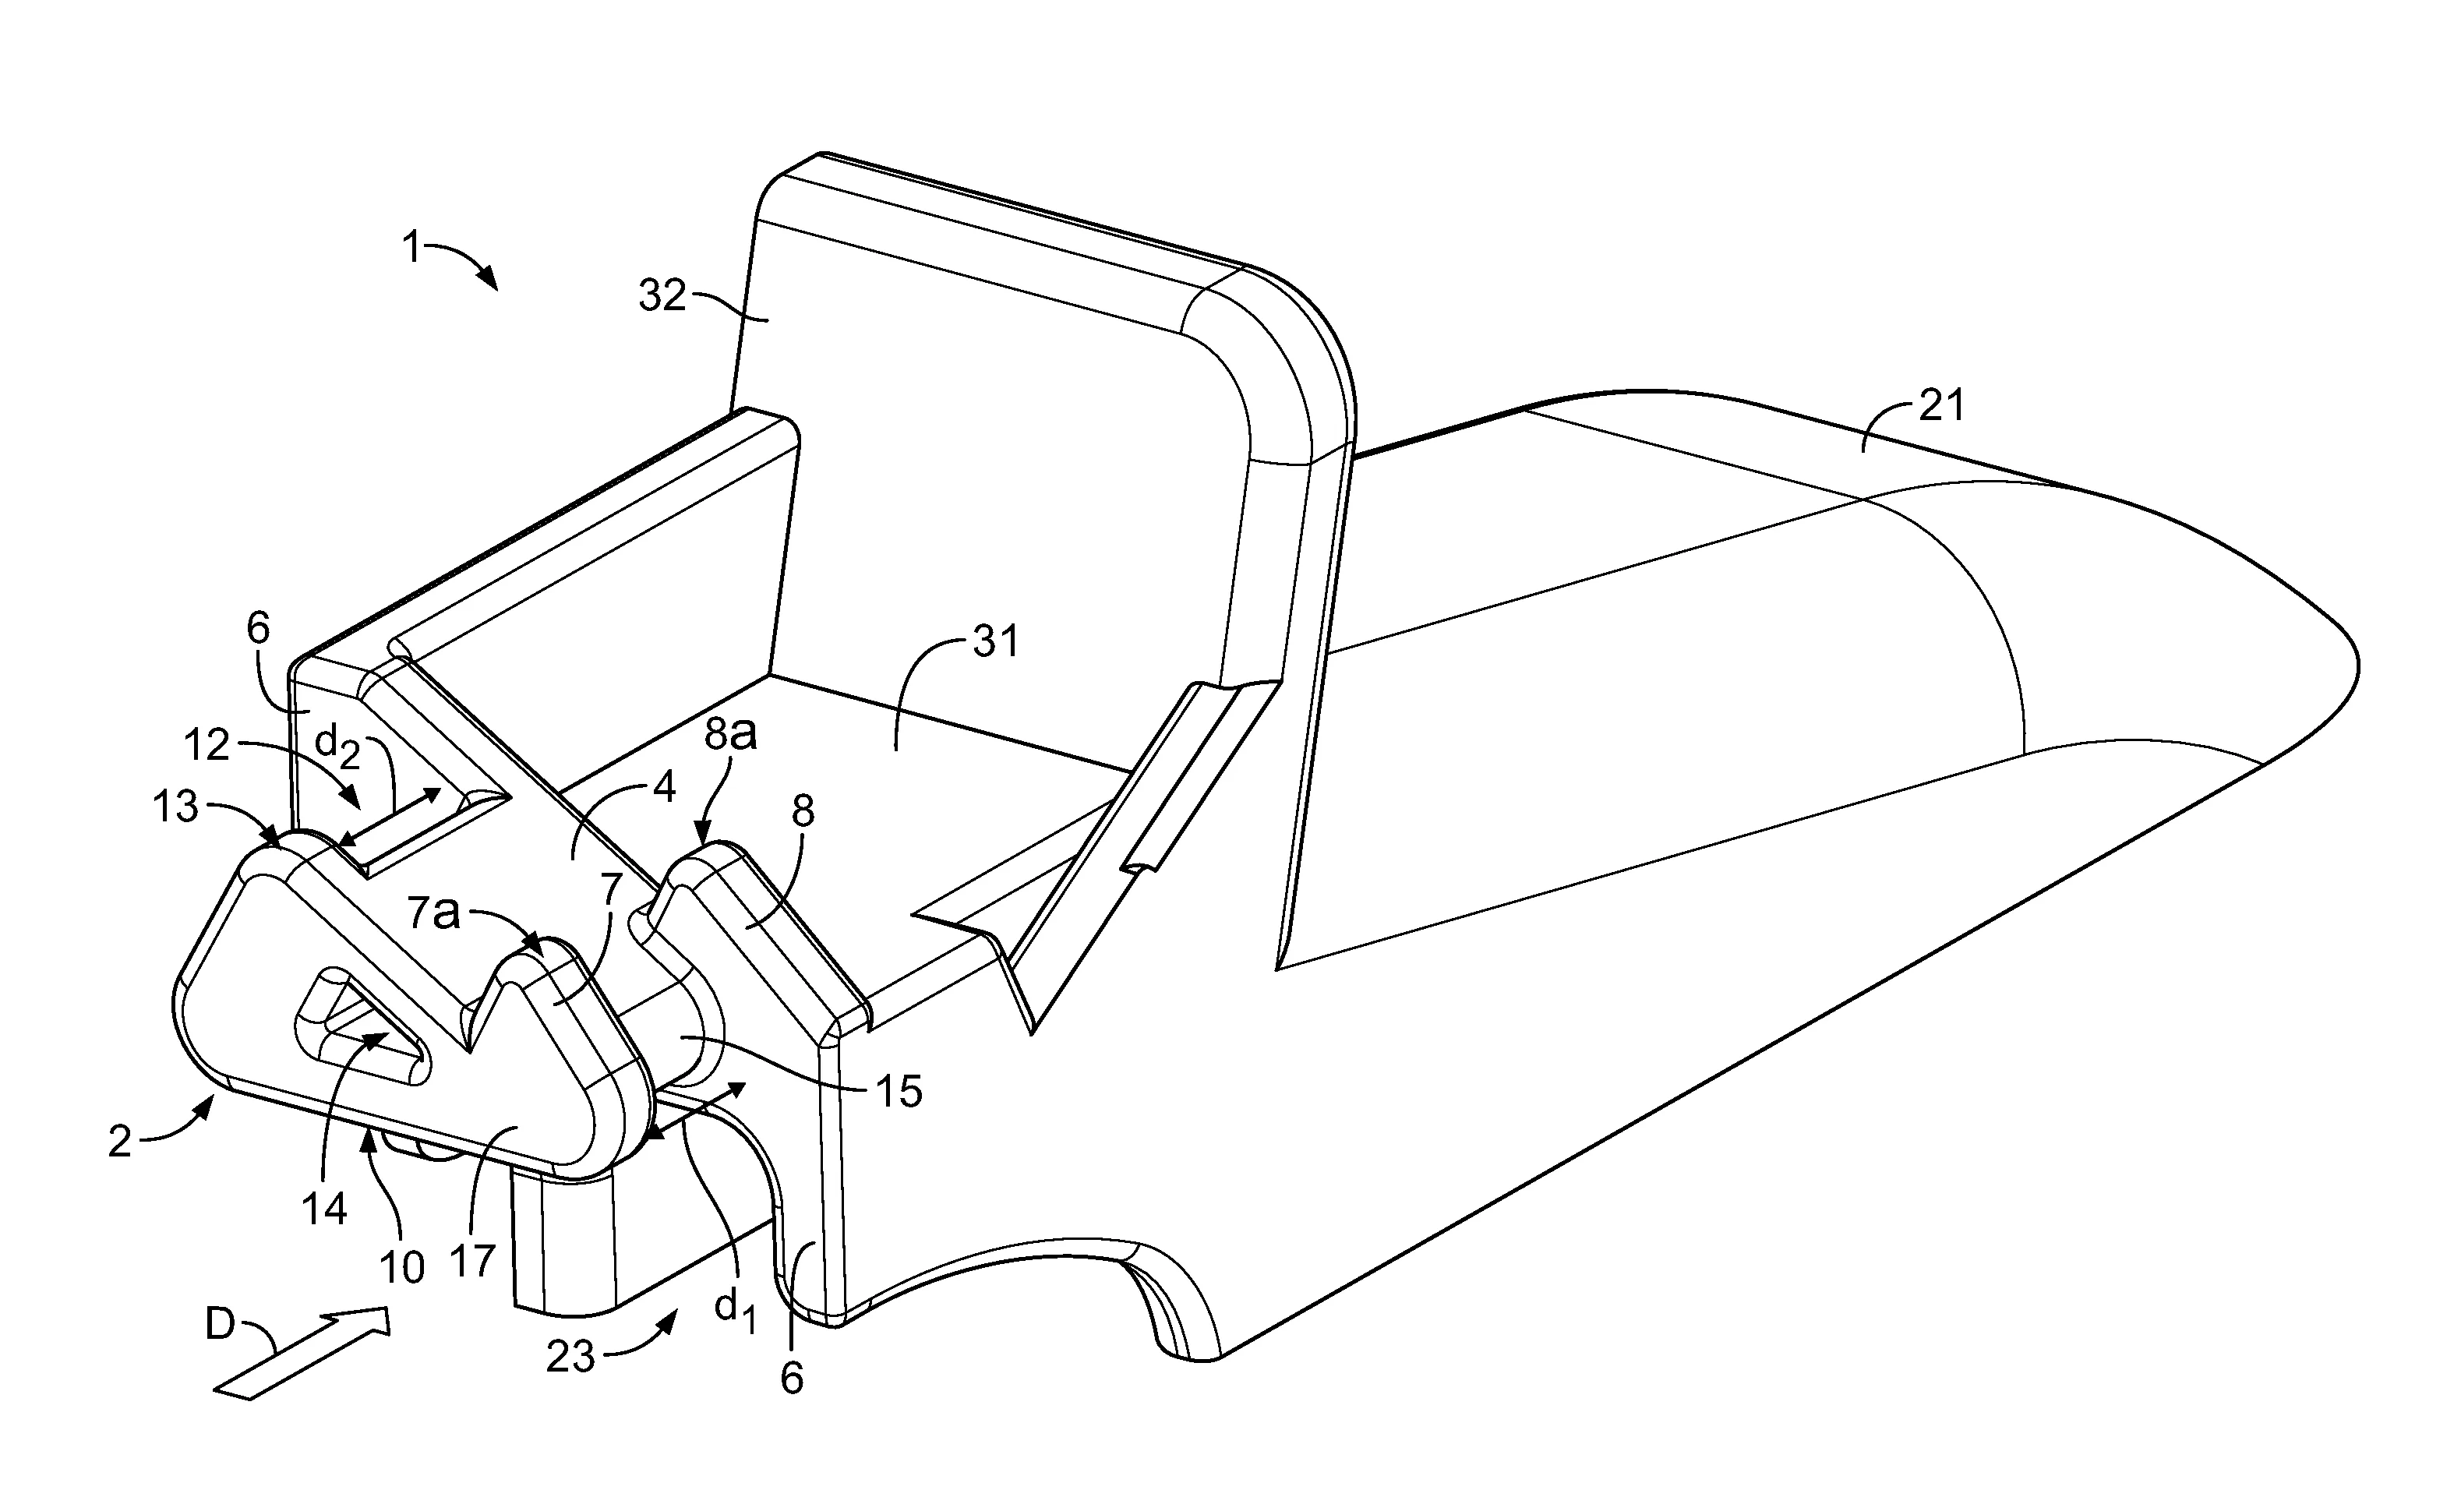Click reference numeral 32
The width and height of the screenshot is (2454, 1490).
(662, 296)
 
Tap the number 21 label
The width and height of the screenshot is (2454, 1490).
(1941, 406)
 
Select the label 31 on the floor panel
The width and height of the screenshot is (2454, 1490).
(997, 641)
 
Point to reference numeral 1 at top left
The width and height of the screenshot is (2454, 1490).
(412, 246)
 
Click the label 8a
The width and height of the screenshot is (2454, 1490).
(730, 734)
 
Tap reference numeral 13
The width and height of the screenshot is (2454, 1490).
(175, 807)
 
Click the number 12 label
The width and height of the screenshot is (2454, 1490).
(207, 745)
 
